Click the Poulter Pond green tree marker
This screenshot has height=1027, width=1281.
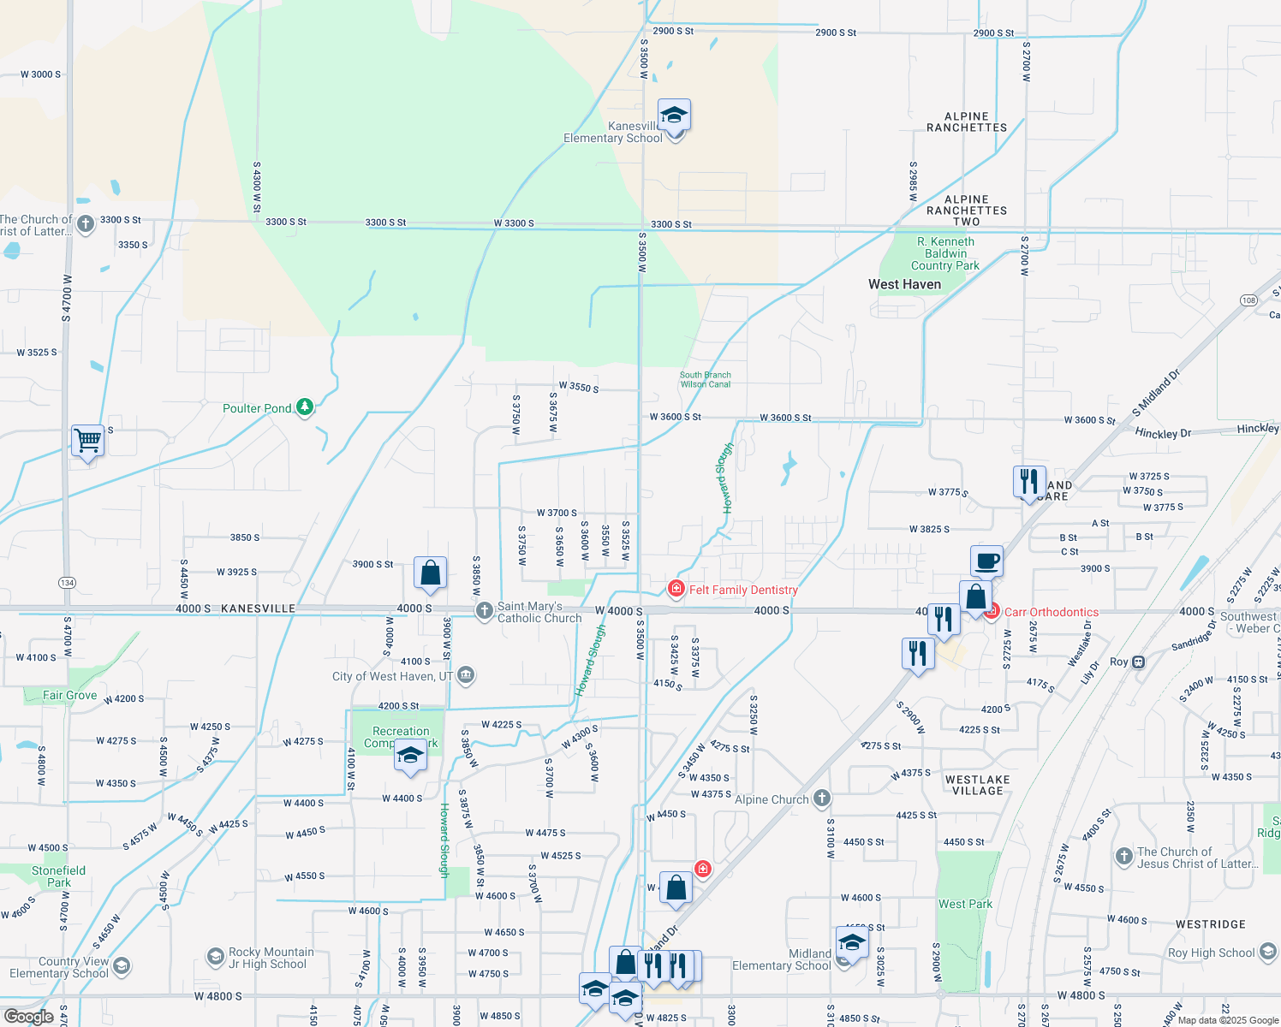tap(305, 407)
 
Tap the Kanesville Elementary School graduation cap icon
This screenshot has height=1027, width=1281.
tap(674, 115)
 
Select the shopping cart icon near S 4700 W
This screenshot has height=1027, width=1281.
tap(87, 441)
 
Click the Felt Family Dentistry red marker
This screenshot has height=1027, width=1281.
tap(676, 589)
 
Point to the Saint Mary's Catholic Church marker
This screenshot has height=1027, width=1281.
tap(485, 610)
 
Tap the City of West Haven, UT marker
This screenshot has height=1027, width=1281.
tap(466, 675)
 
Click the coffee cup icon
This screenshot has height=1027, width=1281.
tap(986, 561)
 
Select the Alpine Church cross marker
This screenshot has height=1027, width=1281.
tap(822, 799)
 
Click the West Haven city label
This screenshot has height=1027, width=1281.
tap(904, 284)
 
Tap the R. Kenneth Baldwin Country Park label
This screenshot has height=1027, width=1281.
tap(945, 253)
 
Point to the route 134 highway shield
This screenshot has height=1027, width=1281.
tap(67, 583)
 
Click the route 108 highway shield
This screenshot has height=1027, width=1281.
tap(1248, 300)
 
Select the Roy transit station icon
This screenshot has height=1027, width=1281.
tap(1138, 662)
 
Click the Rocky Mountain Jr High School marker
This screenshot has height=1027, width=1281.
tap(216, 955)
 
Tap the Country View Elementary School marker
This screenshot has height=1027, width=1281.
tap(121, 966)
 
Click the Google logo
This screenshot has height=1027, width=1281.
tap(29, 1017)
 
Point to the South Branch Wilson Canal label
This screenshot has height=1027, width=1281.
tap(705, 379)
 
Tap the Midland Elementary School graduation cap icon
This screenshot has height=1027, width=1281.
tap(852, 943)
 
